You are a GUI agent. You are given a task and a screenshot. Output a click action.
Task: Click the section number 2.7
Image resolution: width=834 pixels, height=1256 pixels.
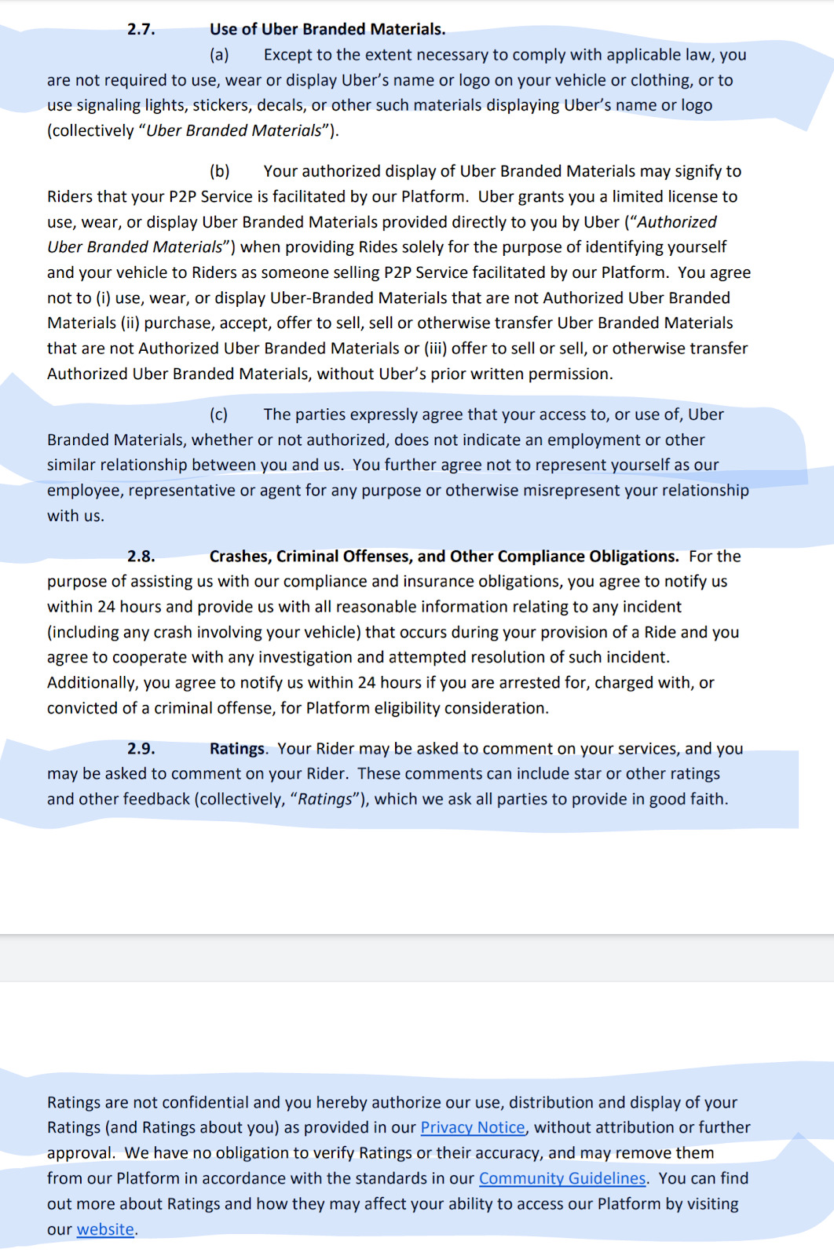tap(141, 29)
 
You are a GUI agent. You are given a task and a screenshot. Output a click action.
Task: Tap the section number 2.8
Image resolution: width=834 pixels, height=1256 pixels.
tap(141, 557)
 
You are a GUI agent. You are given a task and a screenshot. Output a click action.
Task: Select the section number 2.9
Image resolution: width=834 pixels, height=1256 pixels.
tap(141, 749)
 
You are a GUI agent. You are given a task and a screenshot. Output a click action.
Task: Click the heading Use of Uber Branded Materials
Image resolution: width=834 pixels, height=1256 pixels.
tap(327, 29)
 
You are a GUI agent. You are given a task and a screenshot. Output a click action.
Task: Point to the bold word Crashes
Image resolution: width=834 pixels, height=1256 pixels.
tap(240, 557)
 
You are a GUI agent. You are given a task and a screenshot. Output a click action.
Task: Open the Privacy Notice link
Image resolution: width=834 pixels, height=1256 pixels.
tap(473, 1127)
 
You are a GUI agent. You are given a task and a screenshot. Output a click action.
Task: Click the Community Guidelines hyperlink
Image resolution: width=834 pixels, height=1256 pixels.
tap(562, 1178)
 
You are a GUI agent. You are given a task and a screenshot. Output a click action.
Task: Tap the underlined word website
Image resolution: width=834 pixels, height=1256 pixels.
tap(105, 1229)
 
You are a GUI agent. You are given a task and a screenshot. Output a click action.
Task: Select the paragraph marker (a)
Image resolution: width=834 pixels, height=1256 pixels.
tap(219, 55)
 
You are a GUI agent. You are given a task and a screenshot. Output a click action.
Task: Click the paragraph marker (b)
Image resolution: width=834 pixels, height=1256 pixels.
tap(219, 171)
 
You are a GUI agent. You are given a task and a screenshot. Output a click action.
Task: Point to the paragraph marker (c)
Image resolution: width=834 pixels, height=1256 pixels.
tap(219, 414)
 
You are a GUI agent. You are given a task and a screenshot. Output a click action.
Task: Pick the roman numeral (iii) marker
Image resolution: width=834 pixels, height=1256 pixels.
tap(435, 349)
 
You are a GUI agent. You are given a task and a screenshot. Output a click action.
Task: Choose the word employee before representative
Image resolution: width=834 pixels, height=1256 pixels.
tap(84, 491)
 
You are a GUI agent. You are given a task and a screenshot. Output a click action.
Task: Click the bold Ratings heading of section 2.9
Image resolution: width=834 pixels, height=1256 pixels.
tap(237, 749)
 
